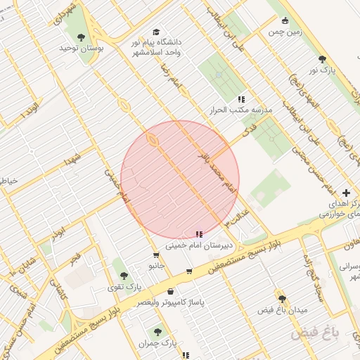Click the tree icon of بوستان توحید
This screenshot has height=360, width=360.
(x=81, y=37)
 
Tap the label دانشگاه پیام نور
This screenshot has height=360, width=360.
(x=155, y=42)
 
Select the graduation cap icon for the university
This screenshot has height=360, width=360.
(x=155, y=32)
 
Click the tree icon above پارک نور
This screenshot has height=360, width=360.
(x=322, y=59)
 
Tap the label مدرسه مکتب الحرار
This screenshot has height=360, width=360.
(x=241, y=110)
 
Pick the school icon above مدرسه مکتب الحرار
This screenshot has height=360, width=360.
(x=241, y=99)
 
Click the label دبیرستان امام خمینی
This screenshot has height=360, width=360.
(x=200, y=245)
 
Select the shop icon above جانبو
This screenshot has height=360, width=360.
(x=156, y=255)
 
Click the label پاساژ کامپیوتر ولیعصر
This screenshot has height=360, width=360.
(x=170, y=302)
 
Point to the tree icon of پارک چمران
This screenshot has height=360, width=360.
(x=157, y=332)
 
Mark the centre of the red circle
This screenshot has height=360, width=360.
(x=180, y=180)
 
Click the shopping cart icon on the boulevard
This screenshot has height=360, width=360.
(x=189, y=271)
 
